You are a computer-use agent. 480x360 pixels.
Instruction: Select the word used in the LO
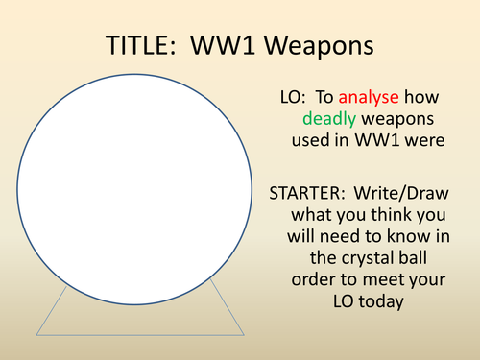pos(308,140)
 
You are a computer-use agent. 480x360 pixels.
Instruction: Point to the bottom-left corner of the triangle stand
pos(36,334)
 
